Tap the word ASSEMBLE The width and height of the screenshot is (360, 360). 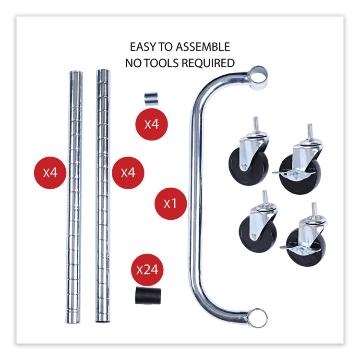[x=203, y=47]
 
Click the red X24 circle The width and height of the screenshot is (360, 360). [x=147, y=270]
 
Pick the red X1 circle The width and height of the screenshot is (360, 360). [x=170, y=204]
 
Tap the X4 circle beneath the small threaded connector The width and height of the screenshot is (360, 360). [x=152, y=124]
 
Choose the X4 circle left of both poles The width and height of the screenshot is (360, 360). [x=50, y=173]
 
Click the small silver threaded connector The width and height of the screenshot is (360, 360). [x=151, y=99]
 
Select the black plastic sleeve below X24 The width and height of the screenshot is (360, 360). [x=148, y=295]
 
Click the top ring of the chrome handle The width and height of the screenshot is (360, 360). [x=258, y=78]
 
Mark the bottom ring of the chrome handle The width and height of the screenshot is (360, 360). [x=257, y=318]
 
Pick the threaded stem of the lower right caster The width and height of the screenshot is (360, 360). [x=314, y=211]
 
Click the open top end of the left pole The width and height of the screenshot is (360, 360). [x=76, y=73]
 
